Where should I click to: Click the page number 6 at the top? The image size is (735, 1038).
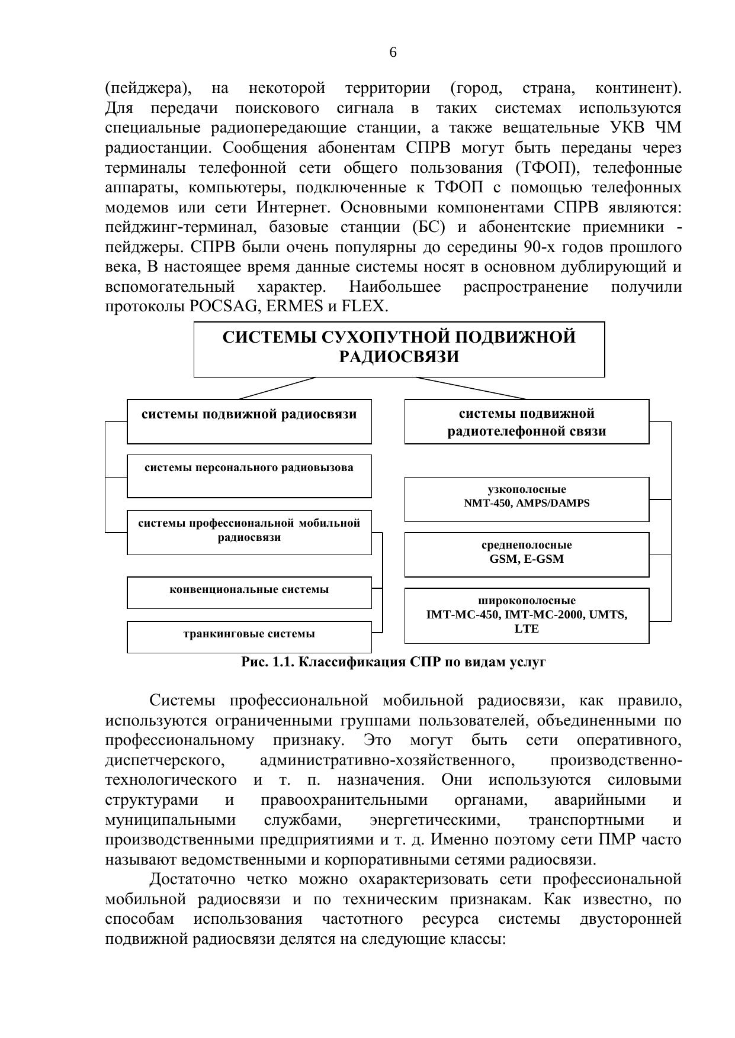tap(393, 53)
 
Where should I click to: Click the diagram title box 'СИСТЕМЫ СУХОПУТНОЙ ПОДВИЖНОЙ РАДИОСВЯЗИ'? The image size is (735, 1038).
tap(399, 349)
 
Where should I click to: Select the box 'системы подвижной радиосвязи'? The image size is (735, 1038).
tap(249, 421)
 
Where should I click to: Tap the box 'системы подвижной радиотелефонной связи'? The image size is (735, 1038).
tap(527, 421)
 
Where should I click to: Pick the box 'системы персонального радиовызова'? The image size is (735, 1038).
tap(249, 475)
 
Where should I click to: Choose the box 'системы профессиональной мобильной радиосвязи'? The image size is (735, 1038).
tap(249, 531)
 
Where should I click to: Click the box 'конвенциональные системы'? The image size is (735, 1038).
tap(249, 592)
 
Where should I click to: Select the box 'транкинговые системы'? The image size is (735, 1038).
tap(249, 636)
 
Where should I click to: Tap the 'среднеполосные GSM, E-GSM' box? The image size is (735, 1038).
tap(527, 554)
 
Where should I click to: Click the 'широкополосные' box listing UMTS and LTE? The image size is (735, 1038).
tap(527, 615)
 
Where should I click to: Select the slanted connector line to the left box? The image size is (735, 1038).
tap(277, 388)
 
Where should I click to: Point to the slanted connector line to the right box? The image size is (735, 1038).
tap(470, 388)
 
